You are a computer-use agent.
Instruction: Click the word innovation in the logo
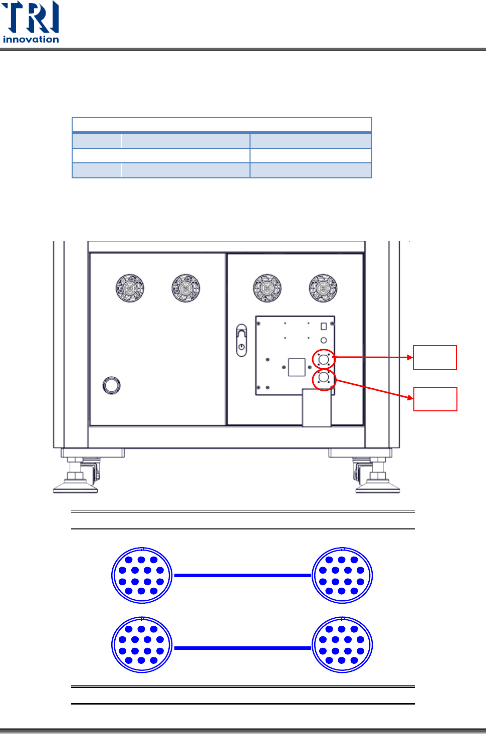pos(31,40)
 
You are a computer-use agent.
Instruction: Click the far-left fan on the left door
pos(130,288)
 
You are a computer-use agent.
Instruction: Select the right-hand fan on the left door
pos(186,288)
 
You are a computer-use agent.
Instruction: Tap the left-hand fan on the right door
pos(267,288)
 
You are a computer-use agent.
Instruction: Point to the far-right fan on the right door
pos(323,288)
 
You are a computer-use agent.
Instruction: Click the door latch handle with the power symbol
pos(241,341)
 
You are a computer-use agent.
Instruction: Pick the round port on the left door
pos(111,385)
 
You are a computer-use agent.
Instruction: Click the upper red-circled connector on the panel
pos(324,359)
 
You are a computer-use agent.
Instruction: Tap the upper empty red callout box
pos(434,357)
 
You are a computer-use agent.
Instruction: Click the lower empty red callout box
pos(435,399)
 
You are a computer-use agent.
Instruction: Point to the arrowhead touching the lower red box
pos(410,398)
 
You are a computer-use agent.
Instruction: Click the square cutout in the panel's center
pos(297,367)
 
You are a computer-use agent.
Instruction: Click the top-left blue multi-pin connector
pos(142,576)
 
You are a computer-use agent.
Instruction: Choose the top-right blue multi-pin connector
pos(342,576)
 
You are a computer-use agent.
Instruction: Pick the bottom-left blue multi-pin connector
pos(142,645)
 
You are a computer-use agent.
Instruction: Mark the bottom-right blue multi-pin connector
pos(342,645)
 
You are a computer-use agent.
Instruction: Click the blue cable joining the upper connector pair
pos(242,576)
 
